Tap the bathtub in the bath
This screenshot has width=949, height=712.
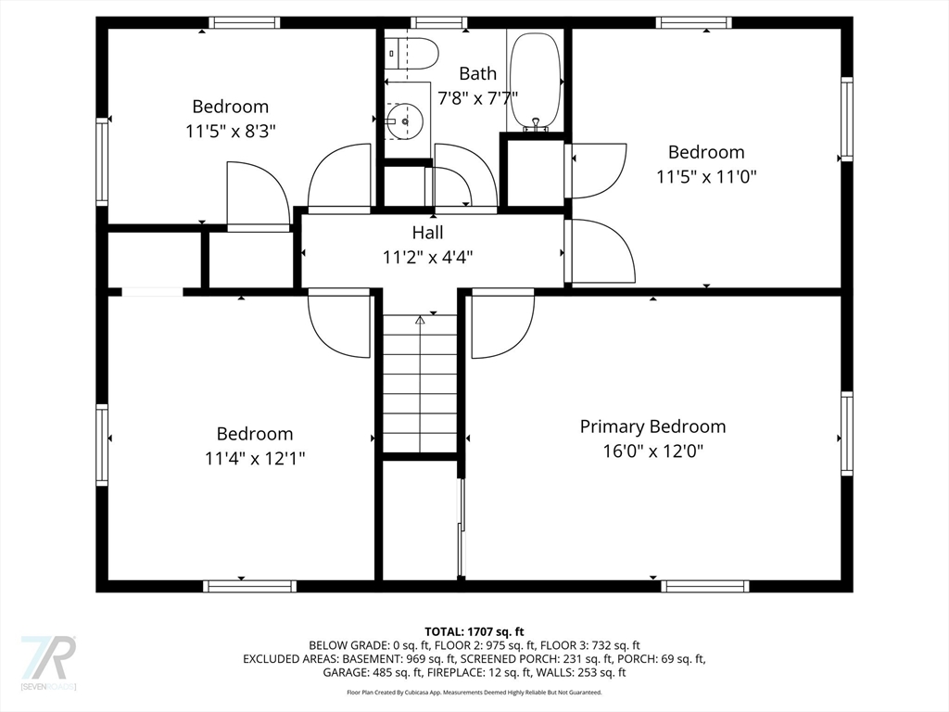pos(536,82)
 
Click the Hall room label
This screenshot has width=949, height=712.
pos(427,233)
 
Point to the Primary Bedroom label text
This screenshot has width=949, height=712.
pos(652,426)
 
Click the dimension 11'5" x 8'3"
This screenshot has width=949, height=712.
pos(230,131)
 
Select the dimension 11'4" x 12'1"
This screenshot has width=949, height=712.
pos(255,458)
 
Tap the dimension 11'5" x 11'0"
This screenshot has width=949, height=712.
pos(706,176)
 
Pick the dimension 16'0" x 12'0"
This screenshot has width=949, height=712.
pos(652,451)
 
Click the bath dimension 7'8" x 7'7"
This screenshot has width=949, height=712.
pos(477,97)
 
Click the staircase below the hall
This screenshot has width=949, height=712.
pos(421,385)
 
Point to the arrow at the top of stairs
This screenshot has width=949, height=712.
pos(420,320)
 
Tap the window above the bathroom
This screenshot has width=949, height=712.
pos(439,22)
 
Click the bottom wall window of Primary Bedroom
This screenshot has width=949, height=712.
pos(704,586)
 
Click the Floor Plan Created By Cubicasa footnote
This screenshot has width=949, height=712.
pos(474,693)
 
